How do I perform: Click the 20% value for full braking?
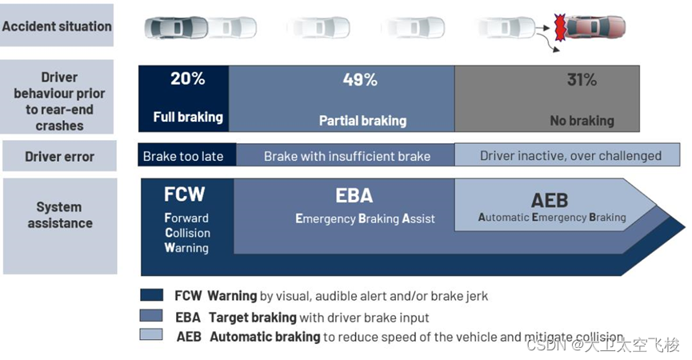pyautogui.click(x=188, y=79)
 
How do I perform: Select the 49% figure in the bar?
pyautogui.click(x=360, y=79)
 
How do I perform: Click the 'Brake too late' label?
pyautogui.click(x=183, y=156)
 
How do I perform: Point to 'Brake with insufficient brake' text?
pyautogui.click(x=347, y=156)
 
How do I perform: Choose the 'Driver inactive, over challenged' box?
pyautogui.click(x=570, y=155)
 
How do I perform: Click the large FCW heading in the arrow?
pyautogui.click(x=184, y=194)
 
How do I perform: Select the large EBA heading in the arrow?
pyautogui.click(x=354, y=196)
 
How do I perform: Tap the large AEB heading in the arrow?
pyautogui.click(x=551, y=199)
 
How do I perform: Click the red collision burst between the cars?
pyautogui.click(x=561, y=28)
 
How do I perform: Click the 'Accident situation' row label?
pyautogui.click(x=58, y=26)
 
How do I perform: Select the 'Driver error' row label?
pyautogui.click(x=59, y=156)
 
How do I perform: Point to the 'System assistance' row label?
pyautogui.click(x=60, y=215)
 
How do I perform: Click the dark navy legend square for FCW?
pyautogui.click(x=151, y=295)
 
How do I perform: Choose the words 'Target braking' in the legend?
pyautogui.click(x=252, y=317)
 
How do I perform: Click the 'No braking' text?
pyautogui.click(x=582, y=121)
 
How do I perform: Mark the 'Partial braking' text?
pyautogui.click(x=362, y=121)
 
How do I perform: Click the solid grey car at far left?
pyautogui.click(x=170, y=28)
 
